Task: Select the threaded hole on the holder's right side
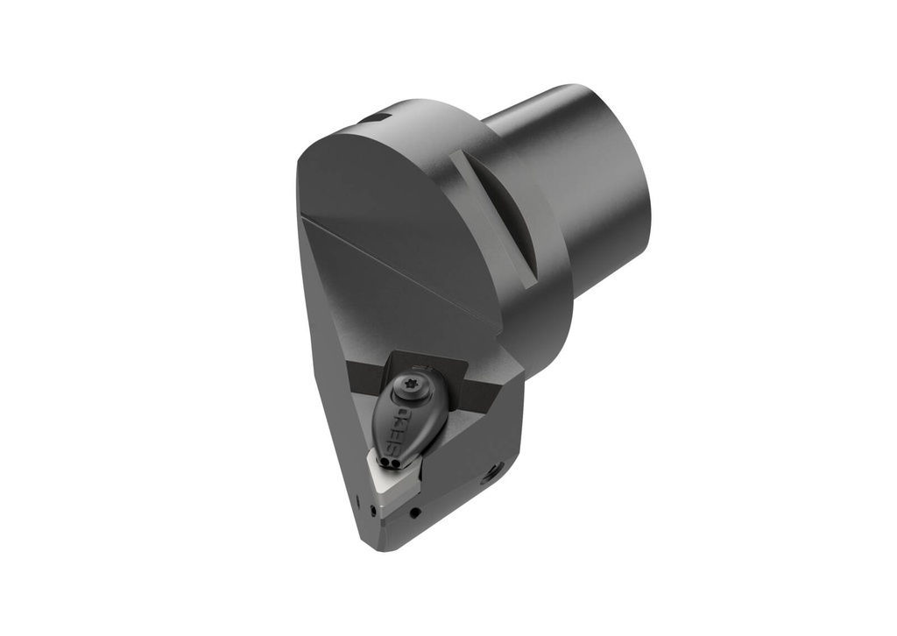[x=493, y=472]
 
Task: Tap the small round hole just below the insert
[x=415, y=512]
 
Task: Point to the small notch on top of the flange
[x=377, y=117]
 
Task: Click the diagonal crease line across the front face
[x=394, y=263]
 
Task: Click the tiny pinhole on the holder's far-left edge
[x=357, y=501]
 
